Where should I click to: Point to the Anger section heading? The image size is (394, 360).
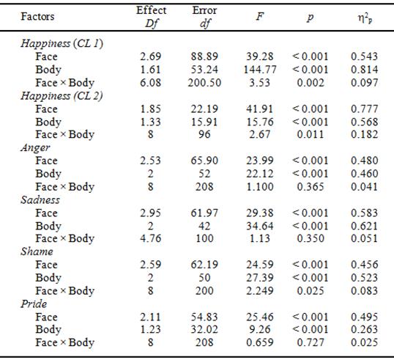coord(35,147)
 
